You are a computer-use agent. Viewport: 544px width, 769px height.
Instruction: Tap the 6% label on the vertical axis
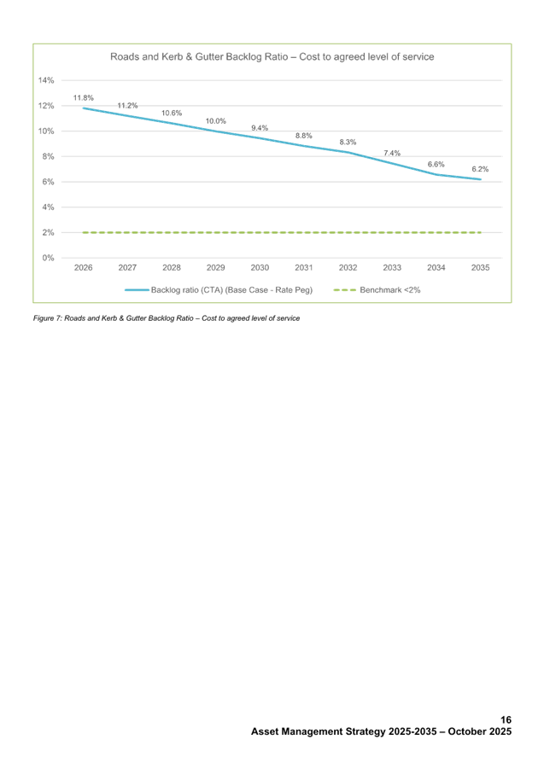click(48, 182)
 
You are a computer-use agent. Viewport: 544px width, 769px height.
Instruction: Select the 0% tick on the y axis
click(48, 257)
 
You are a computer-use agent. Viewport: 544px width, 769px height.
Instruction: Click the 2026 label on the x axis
click(84, 268)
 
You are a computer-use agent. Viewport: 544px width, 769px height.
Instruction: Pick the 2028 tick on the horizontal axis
click(172, 268)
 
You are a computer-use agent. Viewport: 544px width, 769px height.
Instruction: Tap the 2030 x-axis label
click(260, 268)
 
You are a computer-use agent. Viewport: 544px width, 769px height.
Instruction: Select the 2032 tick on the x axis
click(348, 268)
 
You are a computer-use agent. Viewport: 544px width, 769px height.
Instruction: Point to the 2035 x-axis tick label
click(480, 268)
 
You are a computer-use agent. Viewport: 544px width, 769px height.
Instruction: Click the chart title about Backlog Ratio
click(272, 56)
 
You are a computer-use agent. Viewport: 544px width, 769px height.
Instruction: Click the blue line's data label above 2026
click(84, 97)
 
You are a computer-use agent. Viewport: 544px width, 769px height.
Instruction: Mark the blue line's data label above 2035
click(480, 170)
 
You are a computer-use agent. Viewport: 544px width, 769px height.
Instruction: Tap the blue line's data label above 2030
click(260, 128)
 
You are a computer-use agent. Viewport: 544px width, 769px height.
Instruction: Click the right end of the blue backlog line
click(481, 179)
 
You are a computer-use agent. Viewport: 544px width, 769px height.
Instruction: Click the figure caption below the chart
click(166, 318)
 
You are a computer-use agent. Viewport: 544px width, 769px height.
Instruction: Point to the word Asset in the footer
click(267, 732)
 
